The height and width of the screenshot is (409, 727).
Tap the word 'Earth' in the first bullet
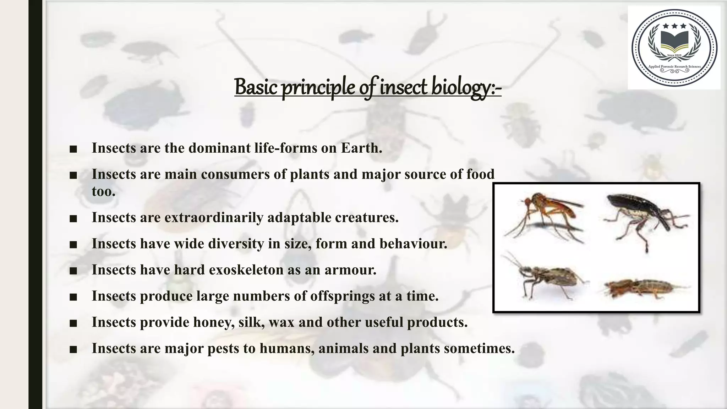361,148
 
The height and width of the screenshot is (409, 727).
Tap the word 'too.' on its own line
104,192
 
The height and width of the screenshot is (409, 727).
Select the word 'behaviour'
413,244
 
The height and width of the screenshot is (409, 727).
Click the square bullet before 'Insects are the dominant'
73,149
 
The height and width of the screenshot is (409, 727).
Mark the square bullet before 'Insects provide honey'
73,323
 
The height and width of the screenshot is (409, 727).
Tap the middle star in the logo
674,26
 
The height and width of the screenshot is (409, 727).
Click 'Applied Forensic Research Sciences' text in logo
674,66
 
